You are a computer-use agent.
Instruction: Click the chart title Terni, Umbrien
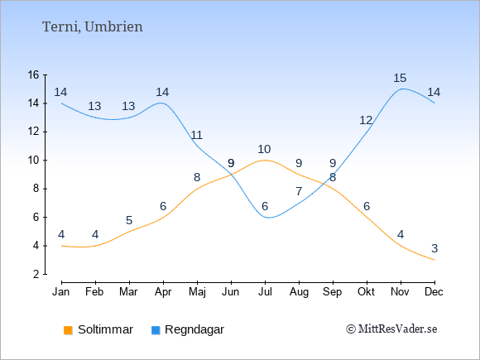pyautogui.click(x=92, y=27)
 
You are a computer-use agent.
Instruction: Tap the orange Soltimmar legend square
pyautogui.click(x=68, y=330)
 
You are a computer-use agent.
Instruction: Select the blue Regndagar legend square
pyautogui.click(x=156, y=330)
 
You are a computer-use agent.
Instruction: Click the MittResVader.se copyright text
pyautogui.click(x=391, y=329)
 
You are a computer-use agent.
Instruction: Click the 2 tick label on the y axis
pyautogui.click(x=36, y=274)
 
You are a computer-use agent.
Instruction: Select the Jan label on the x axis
pyautogui.click(x=61, y=292)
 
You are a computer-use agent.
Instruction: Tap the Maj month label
pyautogui.click(x=197, y=292)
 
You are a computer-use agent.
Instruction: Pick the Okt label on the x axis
pyautogui.click(x=366, y=292)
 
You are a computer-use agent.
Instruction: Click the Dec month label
pyautogui.click(x=434, y=292)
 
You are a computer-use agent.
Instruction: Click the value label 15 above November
pyautogui.click(x=400, y=78)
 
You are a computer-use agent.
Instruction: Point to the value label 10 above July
pyautogui.click(x=264, y=150)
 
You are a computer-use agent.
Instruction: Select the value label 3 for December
pyautogui.click(x=434, y=248)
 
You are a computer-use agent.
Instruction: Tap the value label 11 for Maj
pyautogui.click(x=196, y=135)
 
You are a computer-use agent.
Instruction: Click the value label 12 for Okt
pyautogui.click(x=366, y=121)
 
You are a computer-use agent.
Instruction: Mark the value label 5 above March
pyautogui.click(x=129, y=220)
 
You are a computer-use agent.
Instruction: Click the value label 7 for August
pyautogui.click(x=299, y=192)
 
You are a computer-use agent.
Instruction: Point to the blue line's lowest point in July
pyautogui.click(x=268, y=218)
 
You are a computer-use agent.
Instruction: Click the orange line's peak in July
pyautogui.click(x=265, y=160)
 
